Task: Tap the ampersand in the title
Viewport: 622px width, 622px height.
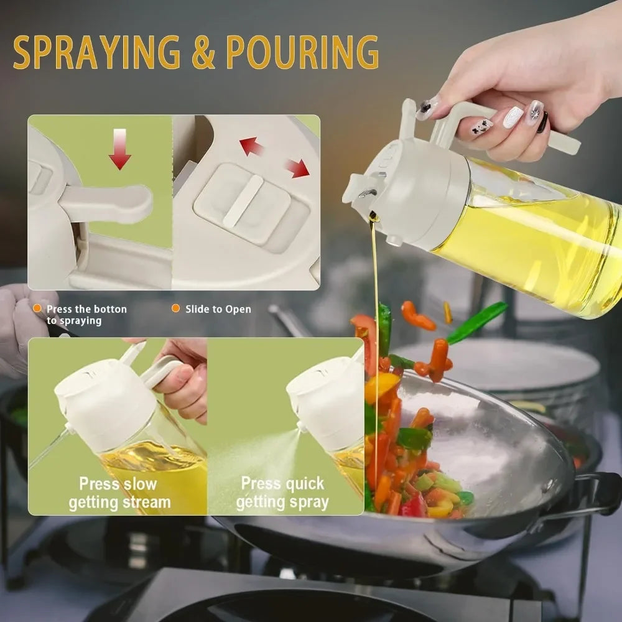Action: [x=203, y=52]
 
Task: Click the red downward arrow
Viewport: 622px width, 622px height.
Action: [x=119, y=150]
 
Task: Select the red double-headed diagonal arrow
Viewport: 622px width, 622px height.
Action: [x=274, y=157]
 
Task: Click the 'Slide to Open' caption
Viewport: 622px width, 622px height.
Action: [x=218, y=309]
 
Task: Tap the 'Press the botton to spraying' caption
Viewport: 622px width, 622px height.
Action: [x=86, y=315]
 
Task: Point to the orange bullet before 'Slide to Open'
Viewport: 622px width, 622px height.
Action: [x=175, y=309]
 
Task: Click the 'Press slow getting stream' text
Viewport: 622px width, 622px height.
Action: [x=119, y=493]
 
